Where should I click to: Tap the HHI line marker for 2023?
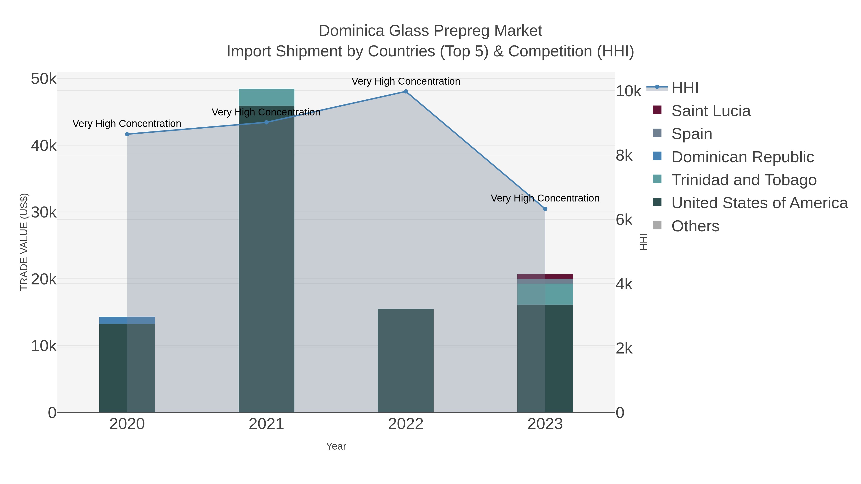pyautogui.click(x=545, y=209)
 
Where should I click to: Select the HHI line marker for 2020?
pyautogui.click(x=127, y=134)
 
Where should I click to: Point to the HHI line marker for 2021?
pyautogui.click(x=266, y=122)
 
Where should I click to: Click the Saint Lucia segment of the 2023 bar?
pyautogui.click(x=545, y=277)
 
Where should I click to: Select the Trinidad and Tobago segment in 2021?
pyautogui.click(x=266, y=97)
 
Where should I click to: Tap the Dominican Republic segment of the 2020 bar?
pyautogui.click(x=127, y=320)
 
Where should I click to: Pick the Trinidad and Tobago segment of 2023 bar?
pyautogui.click(x=545, y=294)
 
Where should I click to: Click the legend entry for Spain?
pyautogui.click(x=691, y=134)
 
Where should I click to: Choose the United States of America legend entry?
pyautogui.click(x=759, y=203)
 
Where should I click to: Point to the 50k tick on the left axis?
pyautogui.click(x=44, y=79)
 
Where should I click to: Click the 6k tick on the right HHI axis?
pyautogui.click(x=624, y=220)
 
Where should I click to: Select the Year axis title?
pyautogui.click(x=336, y=446)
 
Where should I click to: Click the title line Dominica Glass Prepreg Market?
pyautogui.click(x=430, y=31)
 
